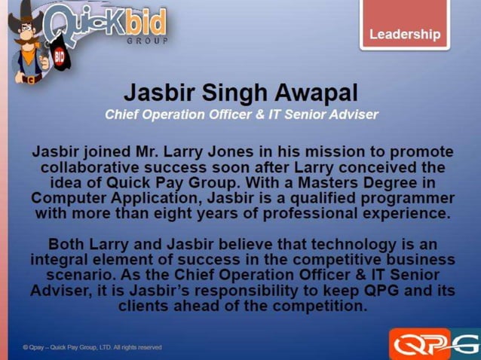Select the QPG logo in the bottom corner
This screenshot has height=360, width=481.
pyautogui.click(x=434, y=343)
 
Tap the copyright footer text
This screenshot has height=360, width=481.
pyautogui.click(x=92, y=347)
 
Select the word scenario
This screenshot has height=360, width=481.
pyautogui.click(x=78, y=276)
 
